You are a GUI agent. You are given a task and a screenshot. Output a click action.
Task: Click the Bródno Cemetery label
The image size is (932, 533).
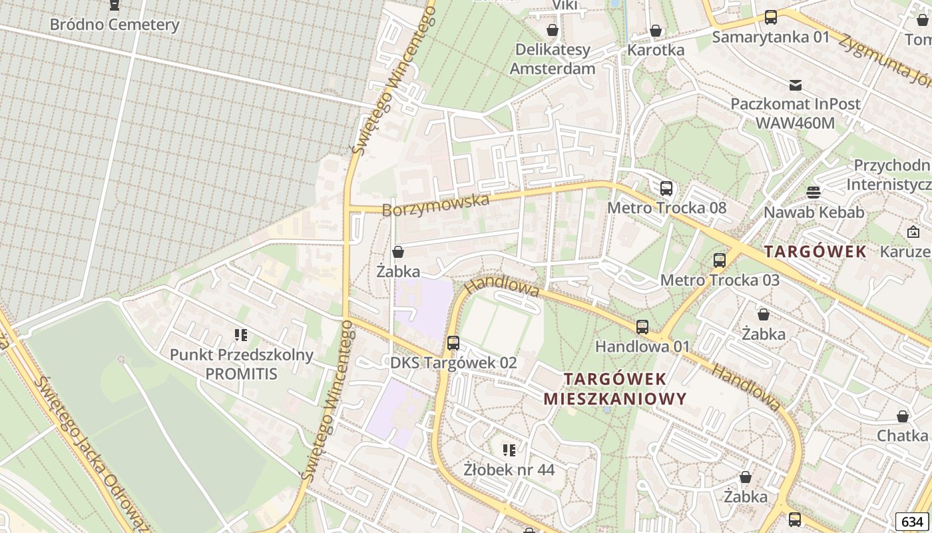click(115, 25)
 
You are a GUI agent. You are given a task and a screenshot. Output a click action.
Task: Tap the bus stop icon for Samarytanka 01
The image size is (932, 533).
click(770, 17)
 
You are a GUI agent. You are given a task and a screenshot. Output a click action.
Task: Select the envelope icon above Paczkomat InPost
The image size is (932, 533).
click(795, 85)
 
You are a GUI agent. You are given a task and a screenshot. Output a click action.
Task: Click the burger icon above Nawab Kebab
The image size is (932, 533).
click(813, 193)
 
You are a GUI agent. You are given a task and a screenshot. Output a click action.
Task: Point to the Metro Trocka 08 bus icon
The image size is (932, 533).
click(666, 189)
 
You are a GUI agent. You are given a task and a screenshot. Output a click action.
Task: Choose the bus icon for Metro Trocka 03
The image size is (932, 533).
click(719, 261)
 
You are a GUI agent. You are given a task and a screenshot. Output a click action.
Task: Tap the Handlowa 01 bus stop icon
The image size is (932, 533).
click(642, 327)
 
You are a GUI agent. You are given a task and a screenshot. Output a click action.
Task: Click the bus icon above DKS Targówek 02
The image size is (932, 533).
click(453, 343)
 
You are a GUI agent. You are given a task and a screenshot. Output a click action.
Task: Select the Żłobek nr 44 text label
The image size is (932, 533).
click(509, 470)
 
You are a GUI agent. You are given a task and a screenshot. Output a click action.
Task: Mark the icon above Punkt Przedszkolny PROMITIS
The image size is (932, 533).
click(241, 334)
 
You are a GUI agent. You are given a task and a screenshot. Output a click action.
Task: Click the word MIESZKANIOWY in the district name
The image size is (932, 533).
click(614, 399)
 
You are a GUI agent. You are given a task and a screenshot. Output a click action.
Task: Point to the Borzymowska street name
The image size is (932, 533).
click(435, 205)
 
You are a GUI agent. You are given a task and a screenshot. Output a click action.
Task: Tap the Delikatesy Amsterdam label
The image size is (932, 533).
click(552, 59)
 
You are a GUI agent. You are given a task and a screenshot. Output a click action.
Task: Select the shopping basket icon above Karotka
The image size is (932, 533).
click(656, 31)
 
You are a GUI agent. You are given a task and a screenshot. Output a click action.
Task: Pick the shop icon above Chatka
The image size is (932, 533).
click(902, 416)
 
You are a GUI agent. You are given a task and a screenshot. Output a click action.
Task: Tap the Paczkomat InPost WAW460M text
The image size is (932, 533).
click(795, 113)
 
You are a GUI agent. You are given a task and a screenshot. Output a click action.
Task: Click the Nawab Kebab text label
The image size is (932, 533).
click(814, 213)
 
